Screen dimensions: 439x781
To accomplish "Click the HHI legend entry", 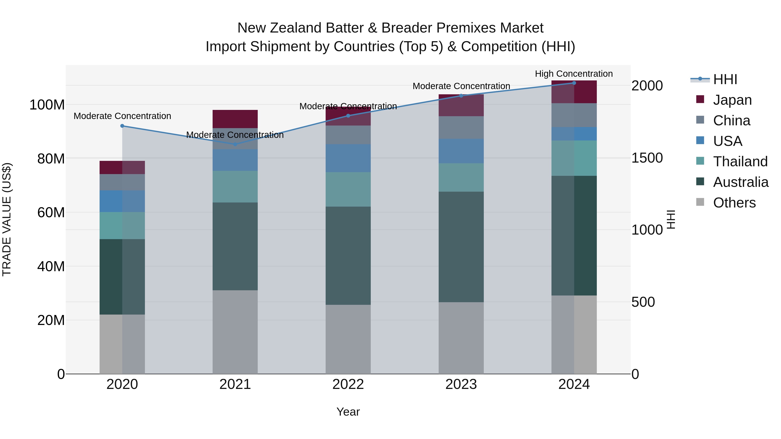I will click(725, 79).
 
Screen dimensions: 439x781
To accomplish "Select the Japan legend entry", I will click(732, 100).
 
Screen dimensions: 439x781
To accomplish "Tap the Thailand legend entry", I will click(740, 162).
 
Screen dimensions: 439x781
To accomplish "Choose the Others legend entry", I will click(734, 203).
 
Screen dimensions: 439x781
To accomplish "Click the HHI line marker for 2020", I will click(122, 126).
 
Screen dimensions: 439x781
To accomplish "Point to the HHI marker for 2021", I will click(235, 144).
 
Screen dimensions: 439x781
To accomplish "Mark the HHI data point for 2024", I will click(574, 83).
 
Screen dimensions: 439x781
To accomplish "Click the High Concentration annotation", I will click(574, 74).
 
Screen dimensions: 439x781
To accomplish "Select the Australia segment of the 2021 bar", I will click(235, 246).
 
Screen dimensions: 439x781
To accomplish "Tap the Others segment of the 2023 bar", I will click(461, 338).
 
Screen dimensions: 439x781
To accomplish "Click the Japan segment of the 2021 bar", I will click(235, 119).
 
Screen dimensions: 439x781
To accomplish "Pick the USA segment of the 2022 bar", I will click(348, 158).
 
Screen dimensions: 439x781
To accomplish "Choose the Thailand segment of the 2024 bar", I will click(574, 158).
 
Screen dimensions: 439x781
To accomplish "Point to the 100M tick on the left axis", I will click(47, 105).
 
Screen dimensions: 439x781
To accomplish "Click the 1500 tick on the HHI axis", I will click(647, 158).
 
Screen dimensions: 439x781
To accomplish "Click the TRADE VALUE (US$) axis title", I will click(7, 219).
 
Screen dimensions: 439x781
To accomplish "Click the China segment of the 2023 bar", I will click(461, 127).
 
